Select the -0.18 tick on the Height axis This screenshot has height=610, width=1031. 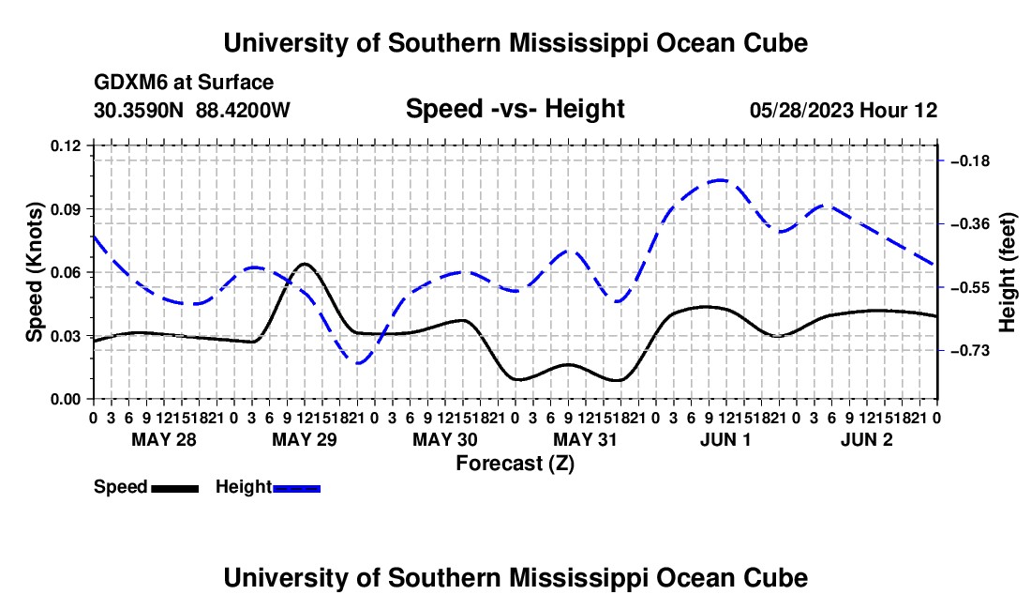click(970, 161)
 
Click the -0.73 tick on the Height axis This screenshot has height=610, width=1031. click(970, 351)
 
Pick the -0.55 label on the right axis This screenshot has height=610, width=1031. click(970, 287)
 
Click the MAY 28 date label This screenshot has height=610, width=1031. click(164, 439)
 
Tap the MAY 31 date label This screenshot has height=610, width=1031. click(585, 439)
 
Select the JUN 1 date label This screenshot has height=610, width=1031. click(725, 439)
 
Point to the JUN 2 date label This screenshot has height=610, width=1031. click(867, 439)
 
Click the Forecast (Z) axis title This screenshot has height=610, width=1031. click(515, 464)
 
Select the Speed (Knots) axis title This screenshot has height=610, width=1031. click(34, 272)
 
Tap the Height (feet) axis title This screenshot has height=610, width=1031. click(1007, 272)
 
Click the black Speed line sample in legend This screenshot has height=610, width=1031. click(175, 489)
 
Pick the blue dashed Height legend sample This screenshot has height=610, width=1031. click(296, 489)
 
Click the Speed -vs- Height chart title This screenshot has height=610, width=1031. click(515, 109)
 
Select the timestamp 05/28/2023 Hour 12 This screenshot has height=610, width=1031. click(844, 110)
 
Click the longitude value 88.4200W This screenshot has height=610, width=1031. click(243, 110)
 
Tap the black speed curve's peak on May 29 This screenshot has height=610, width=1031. click(305, 264)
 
